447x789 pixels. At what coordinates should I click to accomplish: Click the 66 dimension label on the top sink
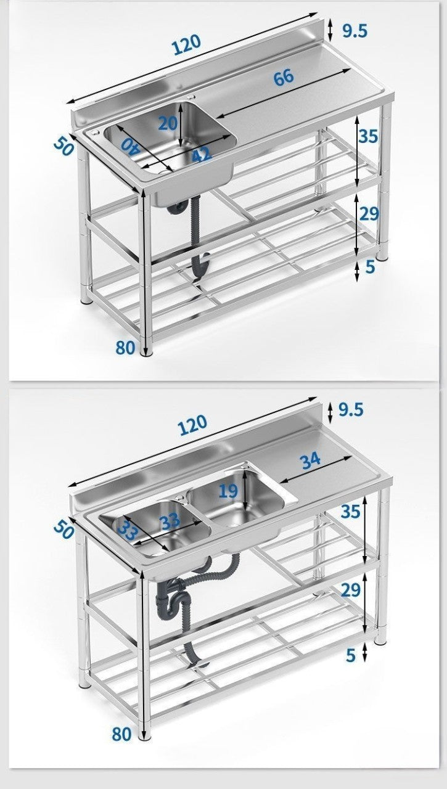point(284,78)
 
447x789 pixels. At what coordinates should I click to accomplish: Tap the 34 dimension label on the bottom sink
point(310,461)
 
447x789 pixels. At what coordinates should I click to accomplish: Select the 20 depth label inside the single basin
point(168,123)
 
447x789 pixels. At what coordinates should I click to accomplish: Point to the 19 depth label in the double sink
point(228,491)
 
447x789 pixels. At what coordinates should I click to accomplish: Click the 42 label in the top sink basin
point(202,154)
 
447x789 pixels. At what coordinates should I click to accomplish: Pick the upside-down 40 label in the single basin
point(129,146)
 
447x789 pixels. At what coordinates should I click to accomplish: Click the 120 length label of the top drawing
point(187,44)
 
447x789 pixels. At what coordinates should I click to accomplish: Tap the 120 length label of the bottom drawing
point(192,425)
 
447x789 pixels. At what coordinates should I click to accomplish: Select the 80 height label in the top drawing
point(125,348)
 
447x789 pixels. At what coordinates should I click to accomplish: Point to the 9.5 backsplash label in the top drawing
point(355,31)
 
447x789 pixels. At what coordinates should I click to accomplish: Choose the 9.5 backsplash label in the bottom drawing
point(351,410)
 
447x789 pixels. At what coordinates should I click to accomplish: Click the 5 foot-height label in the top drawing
point(370,267)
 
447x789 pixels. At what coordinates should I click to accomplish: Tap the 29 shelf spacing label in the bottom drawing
point(350,590)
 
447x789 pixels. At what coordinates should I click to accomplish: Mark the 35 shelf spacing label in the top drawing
point(368,136)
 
